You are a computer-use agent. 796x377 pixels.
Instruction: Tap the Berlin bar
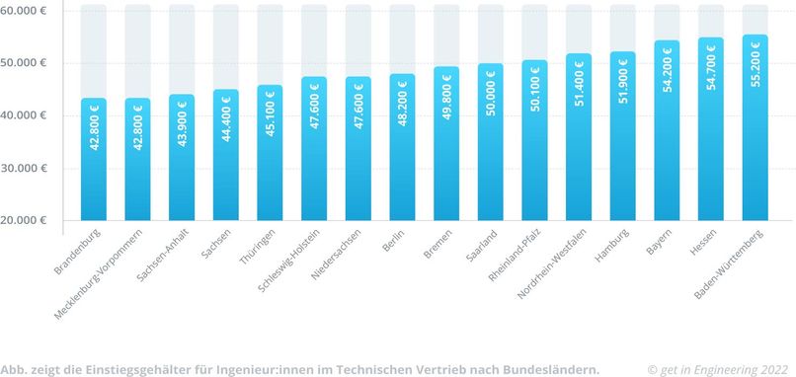point(402,148)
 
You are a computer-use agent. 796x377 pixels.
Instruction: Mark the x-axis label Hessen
point(704,242)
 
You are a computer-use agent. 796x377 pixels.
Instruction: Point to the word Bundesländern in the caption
point(548,368)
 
